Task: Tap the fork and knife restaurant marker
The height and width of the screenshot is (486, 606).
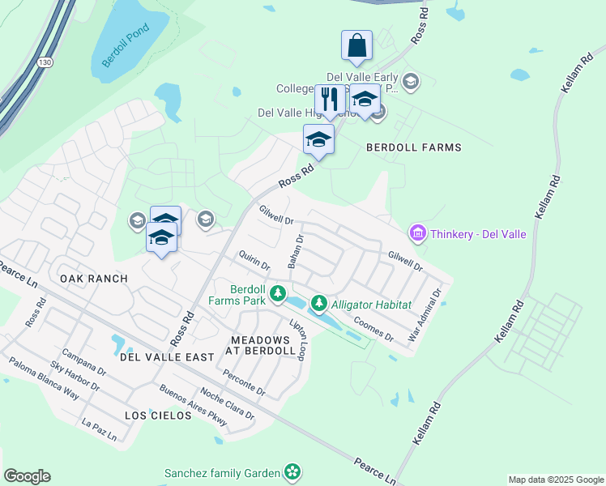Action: click(330, 100)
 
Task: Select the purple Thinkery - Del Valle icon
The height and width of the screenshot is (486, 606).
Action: click(418, 234)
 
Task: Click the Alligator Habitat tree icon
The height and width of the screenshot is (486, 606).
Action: click(319, 304)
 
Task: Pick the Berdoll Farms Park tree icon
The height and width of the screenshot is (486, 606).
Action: click(278, 292)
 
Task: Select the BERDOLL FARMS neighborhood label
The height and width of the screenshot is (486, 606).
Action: click(414, 147)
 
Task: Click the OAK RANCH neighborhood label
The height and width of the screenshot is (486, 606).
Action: click(94, 279)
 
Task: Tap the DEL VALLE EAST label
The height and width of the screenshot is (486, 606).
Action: click(166, 356)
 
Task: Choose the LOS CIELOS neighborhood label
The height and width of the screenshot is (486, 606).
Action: click(158, 415)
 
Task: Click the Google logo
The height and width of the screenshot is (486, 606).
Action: click(27, 476)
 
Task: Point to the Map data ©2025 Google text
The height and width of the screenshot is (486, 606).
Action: click(555, 480)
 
